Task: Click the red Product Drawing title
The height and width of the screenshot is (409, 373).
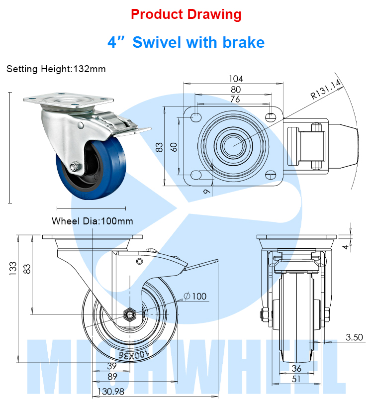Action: pyautogui.click(x=186, y=14)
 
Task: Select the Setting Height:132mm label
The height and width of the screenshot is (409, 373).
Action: pyautogui.click(x=56, y=69)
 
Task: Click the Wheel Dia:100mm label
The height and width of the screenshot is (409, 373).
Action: pyautogui.click(x=93, y=221)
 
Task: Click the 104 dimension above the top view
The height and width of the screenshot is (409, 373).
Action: pyautogui.click(x=236, y=79)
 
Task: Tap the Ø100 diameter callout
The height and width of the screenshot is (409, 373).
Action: pyautogui.click(x=195, y=297)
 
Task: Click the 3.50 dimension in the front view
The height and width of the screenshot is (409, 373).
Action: pyautogui.click(x=355, y=337)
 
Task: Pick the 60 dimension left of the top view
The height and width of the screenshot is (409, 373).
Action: pyautogui.click(x=174, y=147)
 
